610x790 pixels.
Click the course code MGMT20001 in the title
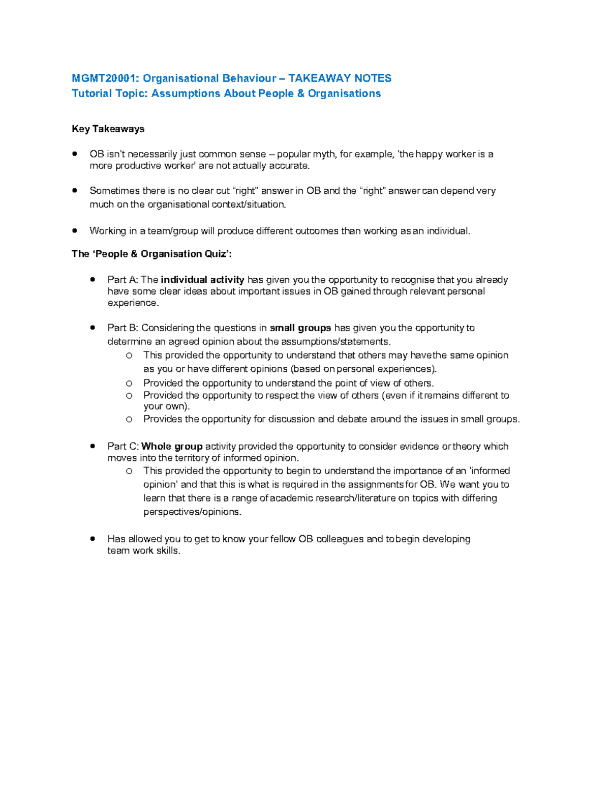click(104, 78)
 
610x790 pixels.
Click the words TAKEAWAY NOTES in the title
click(340, 78)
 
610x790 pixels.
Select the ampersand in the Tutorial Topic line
click(301, 94)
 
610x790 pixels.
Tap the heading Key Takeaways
click(108, 129)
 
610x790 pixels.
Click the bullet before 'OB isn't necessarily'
click(75, 154)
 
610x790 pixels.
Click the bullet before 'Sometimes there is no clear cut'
click(75, 190)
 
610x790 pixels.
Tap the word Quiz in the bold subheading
click(216, 254)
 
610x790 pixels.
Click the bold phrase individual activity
click(202, 280)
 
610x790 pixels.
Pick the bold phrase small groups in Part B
click(300, 328)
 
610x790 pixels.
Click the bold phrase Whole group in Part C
click(172, 447)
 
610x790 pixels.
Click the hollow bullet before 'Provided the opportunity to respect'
click(129, 396)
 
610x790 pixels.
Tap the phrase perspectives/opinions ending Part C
click(192, 512)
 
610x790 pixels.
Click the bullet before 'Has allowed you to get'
click(93, 538)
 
